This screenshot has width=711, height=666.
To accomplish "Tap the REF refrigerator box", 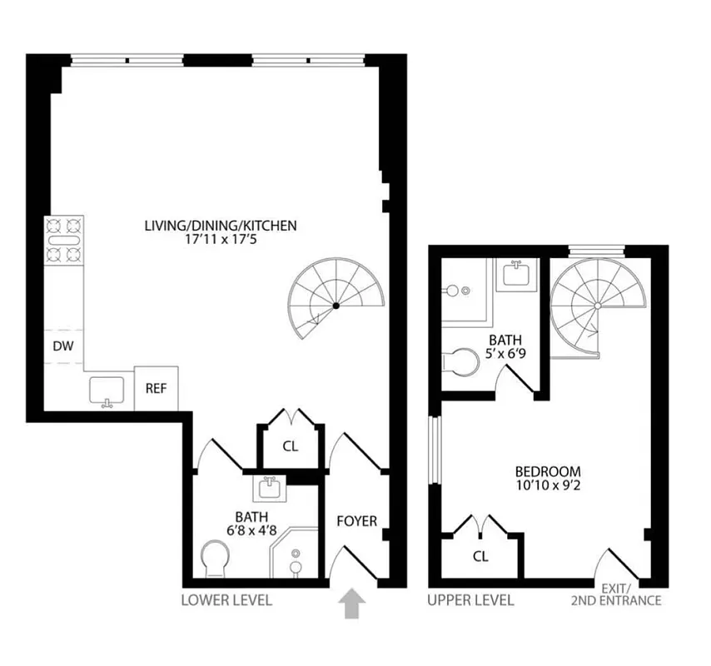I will coord(156,388).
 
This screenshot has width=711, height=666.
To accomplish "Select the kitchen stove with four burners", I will coord(64,240).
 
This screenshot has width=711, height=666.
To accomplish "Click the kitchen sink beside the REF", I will coord(106,389).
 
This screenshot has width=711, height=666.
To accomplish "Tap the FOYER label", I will coord(357,522).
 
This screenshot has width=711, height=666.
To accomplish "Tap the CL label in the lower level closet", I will coord(290,445).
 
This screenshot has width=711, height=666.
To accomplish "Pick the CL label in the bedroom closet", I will coord(480,555).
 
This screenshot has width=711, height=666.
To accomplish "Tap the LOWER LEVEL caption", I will coord(226,600).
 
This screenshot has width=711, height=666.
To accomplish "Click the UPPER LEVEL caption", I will coord(470,600).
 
